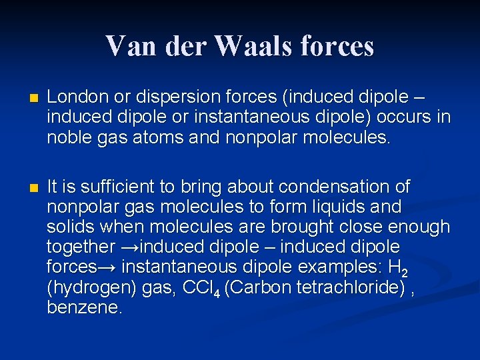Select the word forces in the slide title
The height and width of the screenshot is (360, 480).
tap(337, 46)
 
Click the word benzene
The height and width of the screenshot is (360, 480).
tap(84, 308)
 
